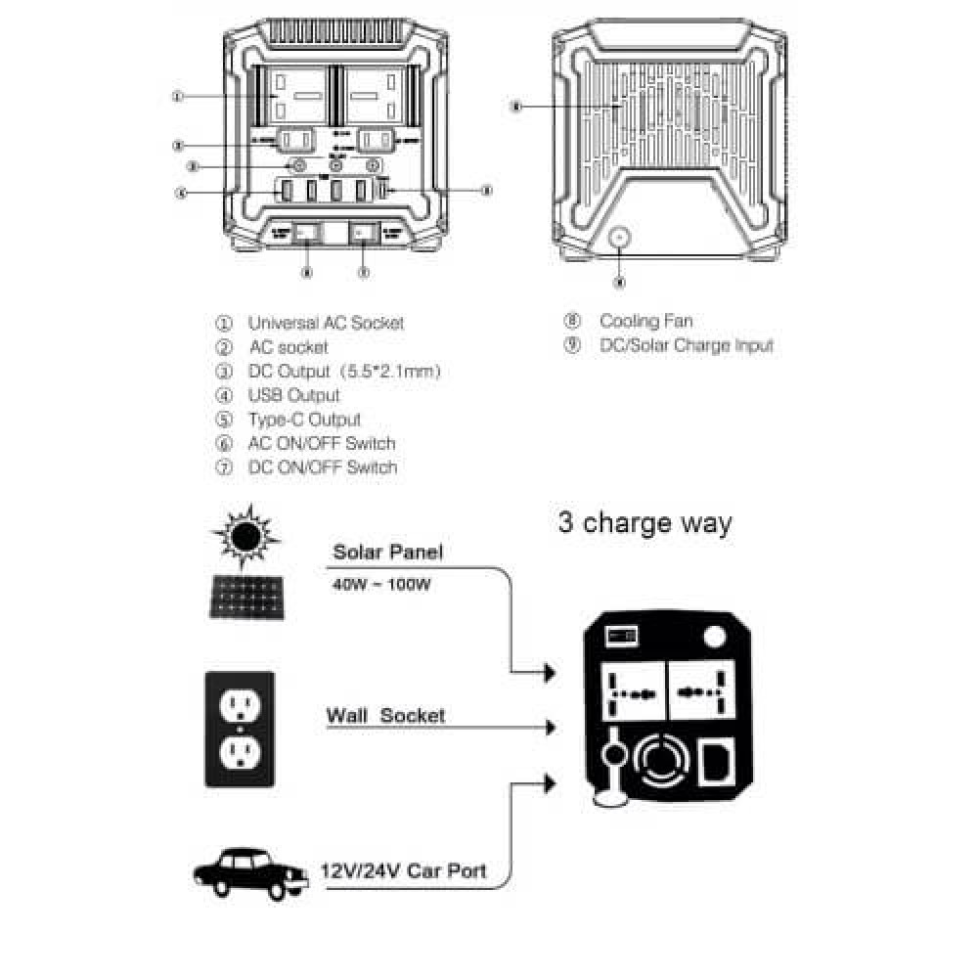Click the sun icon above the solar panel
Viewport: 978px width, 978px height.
coord(245,534)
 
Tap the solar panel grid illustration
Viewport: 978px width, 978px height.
coord(245,596)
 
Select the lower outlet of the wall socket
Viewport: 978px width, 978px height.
coord(241,754)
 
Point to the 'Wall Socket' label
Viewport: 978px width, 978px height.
coord(384,715)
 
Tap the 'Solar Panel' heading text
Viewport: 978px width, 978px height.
coord(387,552)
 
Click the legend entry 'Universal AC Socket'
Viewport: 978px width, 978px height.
coord(325,323)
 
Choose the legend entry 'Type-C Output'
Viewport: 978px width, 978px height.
coord(303,420)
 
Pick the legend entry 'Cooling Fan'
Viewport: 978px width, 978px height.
coord(645,321)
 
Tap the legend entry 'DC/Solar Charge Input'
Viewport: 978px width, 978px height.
coord(686,345)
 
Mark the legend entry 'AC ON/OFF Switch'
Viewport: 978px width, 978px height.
coord(321,443)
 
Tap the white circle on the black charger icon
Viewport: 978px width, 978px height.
coord(715,637)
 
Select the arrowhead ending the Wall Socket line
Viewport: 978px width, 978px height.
coord(551,728)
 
